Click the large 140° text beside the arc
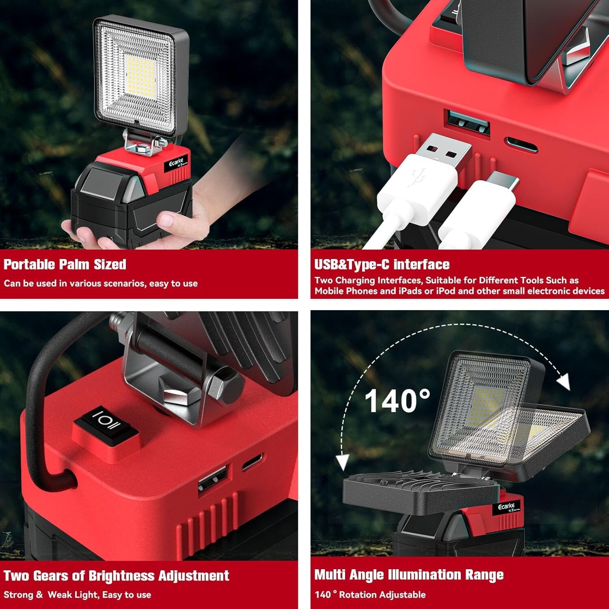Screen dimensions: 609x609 tap(397, 401)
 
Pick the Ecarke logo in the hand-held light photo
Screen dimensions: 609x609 tap(176, 162)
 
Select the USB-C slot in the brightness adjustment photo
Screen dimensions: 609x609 tap(252, 462)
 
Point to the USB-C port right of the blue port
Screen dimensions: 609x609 tap(521, 145)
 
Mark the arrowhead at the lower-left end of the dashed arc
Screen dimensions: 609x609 tap(343, 462)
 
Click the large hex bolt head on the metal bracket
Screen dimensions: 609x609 tap(225, 384)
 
